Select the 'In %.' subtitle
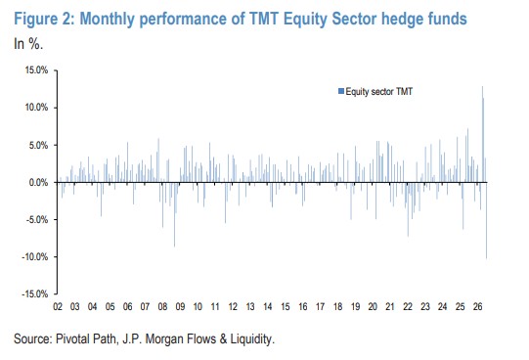28,44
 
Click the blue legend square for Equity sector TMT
341,91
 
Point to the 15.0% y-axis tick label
36,70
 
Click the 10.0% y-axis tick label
36,108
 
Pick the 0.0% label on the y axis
38,183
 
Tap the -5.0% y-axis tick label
36,220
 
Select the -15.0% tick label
35,293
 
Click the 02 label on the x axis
58,307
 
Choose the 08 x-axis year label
162,307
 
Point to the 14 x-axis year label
268,307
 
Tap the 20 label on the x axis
373,307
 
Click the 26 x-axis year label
477,307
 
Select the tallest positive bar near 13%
482,134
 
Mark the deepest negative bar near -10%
486,221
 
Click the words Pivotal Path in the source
86,338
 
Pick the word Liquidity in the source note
251,339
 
